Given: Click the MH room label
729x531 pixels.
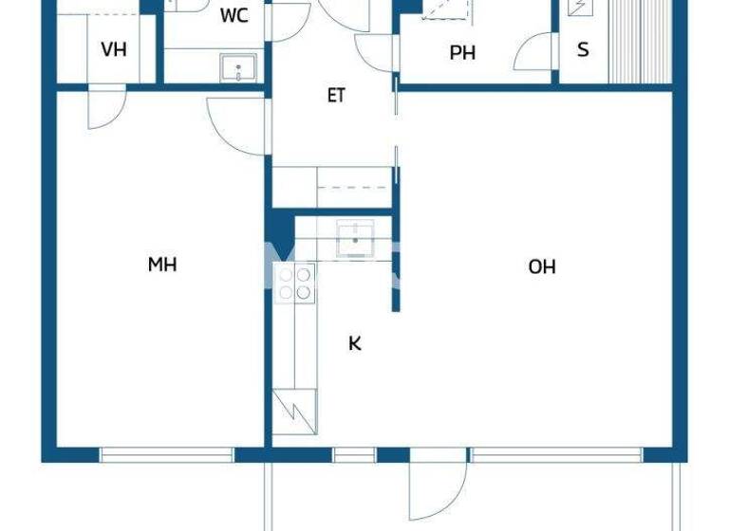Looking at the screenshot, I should coord(162,265).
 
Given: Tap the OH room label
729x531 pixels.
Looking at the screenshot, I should coord(542,266).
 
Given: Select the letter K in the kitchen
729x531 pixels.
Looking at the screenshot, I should coord(355,343).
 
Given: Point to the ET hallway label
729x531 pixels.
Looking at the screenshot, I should coord(336,96).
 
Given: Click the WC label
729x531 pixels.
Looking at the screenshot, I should coord(234,16).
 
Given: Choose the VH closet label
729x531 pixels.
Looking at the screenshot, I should coord(113,49).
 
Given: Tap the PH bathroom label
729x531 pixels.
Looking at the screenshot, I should coord(462,53).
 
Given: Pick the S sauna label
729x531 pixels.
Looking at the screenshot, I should coord(583,49).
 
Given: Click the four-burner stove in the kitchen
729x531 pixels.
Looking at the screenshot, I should coord(294,284).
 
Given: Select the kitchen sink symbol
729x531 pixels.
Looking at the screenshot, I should coord(356,234).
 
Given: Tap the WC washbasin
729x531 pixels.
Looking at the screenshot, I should coord(238,67).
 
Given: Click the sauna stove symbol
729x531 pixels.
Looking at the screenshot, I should coord(577,8).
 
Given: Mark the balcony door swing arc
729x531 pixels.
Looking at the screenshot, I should coord(438,493).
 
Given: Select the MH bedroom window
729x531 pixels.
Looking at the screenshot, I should coord(167,455).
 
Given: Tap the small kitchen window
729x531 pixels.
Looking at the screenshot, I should coord(354,455).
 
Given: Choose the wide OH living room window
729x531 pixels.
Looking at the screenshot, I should coord(556,455).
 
